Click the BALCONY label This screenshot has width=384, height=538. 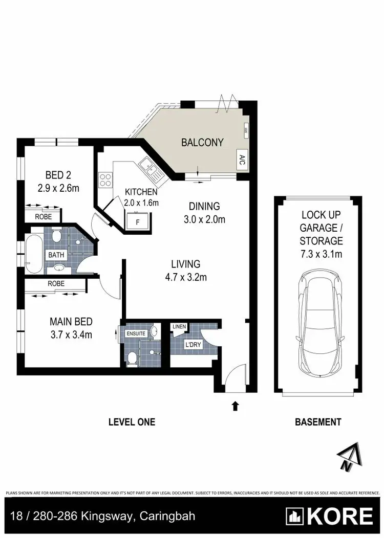tap(202, 143)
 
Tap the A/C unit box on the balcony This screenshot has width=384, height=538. tap(241, 159)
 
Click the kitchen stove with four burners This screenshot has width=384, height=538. tap(105, 180)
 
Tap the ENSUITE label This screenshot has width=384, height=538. tap(137, 333)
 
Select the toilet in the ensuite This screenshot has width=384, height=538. tap(132, 357)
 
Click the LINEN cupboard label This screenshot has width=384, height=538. tap(179, 326)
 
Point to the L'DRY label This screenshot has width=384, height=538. tap(193, 345)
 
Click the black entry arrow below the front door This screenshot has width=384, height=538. tap(235, 406)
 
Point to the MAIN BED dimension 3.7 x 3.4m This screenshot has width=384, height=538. tap(71, 335)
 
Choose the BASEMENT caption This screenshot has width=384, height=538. tap(318, 422)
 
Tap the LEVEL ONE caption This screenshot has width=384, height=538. tap(132, 422)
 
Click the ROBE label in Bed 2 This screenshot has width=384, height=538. tap(43, 216)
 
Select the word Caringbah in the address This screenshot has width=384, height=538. tap(167, 515)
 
